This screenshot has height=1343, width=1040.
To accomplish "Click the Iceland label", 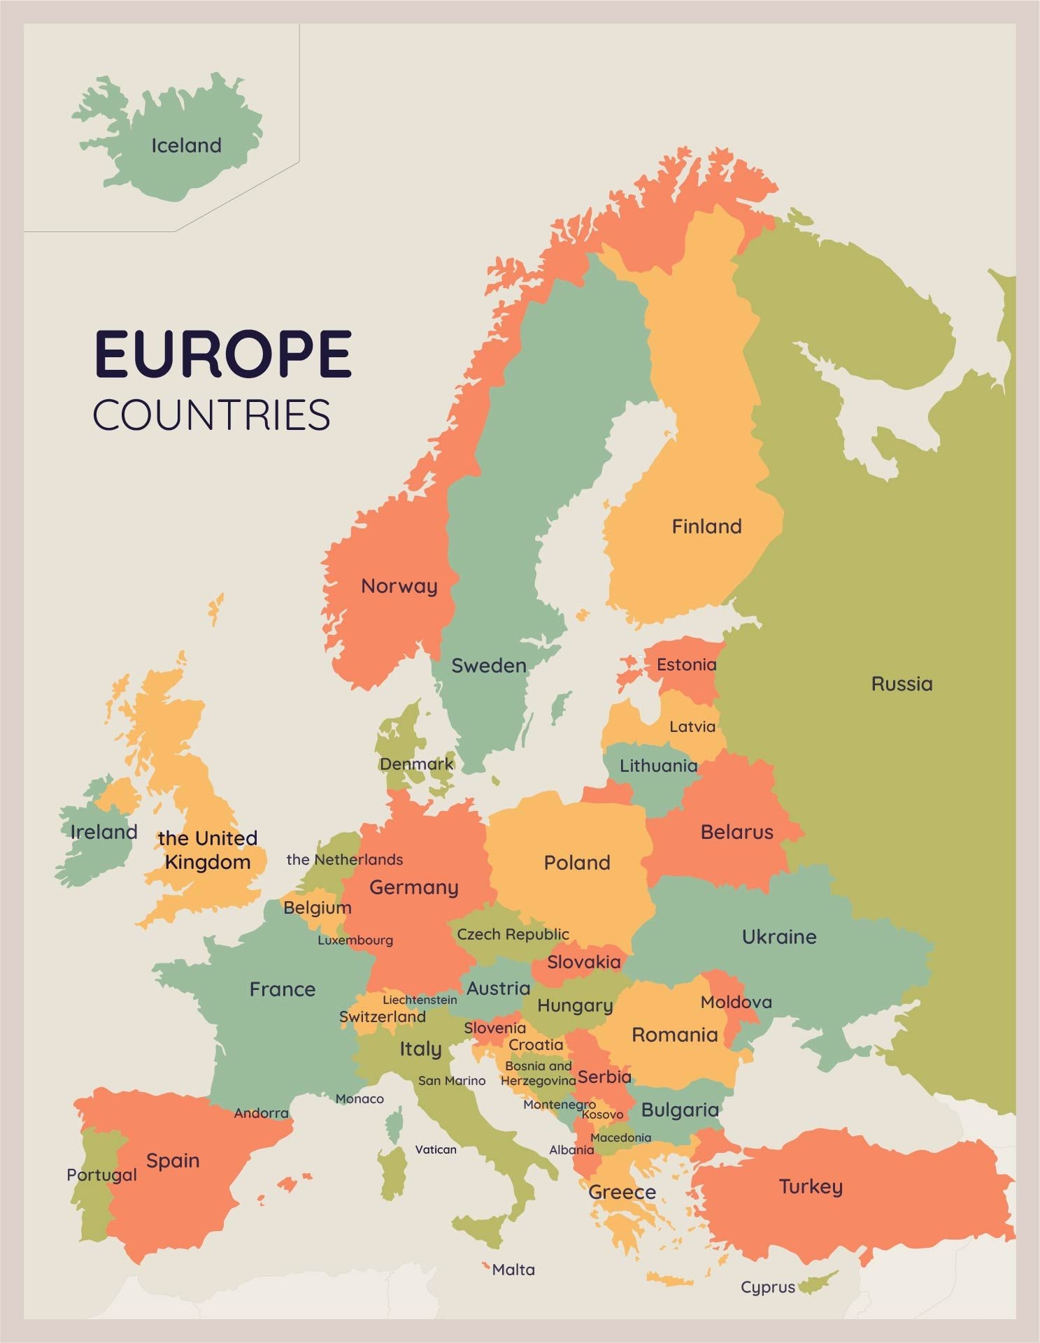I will [186, 145].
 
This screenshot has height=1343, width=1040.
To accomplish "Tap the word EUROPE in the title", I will [222, 354].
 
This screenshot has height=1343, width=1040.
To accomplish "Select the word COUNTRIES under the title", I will [211, 415].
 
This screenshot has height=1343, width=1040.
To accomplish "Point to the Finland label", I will [706, 526].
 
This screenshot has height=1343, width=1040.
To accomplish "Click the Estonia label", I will [686, 664].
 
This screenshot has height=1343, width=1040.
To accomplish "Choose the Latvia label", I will [692, 726].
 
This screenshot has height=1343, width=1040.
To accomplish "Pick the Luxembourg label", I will [355, 940].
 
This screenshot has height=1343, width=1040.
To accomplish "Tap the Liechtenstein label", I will [420, 1000].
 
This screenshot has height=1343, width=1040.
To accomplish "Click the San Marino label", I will [452, 1080].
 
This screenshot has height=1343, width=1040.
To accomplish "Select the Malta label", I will [513, 1270].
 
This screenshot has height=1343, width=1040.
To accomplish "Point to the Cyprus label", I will [768, 1287].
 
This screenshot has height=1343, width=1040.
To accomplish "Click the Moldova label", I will [736, 1002].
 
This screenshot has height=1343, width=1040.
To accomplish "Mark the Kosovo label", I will [602, 1114].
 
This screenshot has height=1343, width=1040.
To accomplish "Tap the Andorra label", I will [261, 1113].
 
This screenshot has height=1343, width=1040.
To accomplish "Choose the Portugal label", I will [101, 1175].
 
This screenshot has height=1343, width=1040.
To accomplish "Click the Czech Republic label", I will [513, 934].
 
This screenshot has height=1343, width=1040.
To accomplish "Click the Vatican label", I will [436, 1149].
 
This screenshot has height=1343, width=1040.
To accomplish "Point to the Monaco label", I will [359, 1099].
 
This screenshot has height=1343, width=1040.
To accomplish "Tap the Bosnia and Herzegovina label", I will [538, 1073].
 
